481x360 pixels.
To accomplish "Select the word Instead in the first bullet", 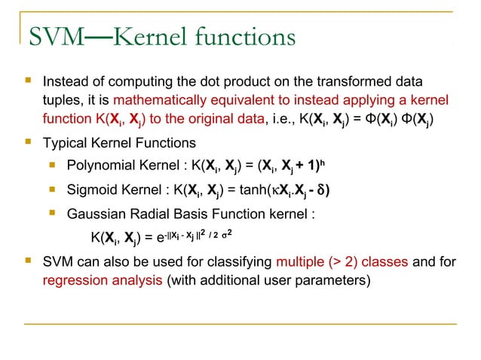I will coord(65,81).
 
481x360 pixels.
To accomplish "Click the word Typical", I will coord(65,143).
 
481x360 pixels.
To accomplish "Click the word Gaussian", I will coord(95,213).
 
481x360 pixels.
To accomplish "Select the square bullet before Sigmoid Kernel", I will coord(52,188).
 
